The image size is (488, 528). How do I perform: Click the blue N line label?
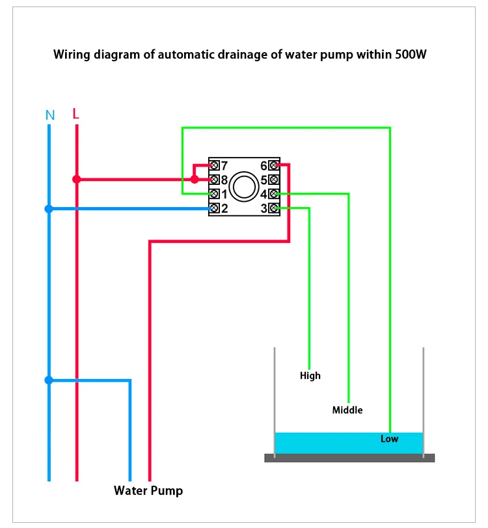[50, 115]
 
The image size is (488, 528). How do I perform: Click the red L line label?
[76, 114]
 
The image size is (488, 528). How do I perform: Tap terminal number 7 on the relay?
[215, 166]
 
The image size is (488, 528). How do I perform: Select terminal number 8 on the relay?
[215, 180]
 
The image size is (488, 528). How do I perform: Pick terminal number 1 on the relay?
[215, 194]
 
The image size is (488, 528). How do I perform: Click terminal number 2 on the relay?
[215, 208]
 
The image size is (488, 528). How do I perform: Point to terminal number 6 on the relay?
[273, 166]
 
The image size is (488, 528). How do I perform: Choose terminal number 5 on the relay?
[273, 180]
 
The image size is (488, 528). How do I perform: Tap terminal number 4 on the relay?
[273, 194]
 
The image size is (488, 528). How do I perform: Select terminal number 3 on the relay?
[273, 208]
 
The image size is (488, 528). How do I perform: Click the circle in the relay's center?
[245, 186]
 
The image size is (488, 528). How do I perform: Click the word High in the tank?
[310, 376]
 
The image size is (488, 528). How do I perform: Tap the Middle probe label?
[347, 410]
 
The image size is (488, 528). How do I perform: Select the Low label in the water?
[389, 439]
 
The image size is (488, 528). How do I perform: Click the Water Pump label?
[148, 491]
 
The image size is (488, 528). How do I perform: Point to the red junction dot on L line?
[77, 179]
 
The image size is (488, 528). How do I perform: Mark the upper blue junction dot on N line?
[49, 209]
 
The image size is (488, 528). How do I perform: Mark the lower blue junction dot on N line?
[49, 380]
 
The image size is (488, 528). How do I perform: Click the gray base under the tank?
[349, 458]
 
